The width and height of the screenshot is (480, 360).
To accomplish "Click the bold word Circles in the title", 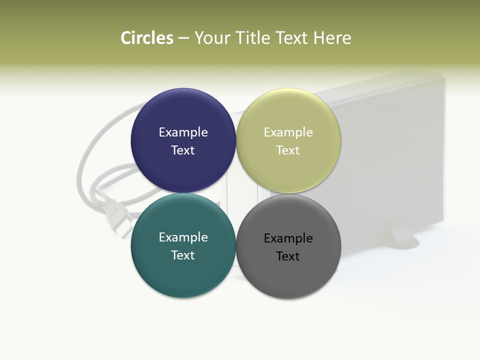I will click(x=147, y=38).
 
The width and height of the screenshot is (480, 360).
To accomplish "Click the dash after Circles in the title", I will click(x=183, y=38).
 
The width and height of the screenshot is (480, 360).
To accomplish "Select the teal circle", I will click(x=183, y=270).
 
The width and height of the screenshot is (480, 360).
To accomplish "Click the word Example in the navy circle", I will click(x=183, y=132).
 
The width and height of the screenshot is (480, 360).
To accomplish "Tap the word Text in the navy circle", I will click(x=183, y=150).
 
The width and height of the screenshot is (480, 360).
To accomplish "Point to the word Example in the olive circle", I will click(x=288, y=132).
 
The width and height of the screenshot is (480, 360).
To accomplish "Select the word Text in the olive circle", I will click(x=288, y=150).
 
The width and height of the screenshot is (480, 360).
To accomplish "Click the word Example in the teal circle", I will click(x=183, y=237).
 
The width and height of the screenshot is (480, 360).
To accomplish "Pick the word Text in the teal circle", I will click(x=183, y=255).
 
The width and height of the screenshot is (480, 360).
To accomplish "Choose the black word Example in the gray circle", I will click(x=288, y=238).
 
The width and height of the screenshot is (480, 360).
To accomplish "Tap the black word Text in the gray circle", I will click(x=288, y=256).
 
